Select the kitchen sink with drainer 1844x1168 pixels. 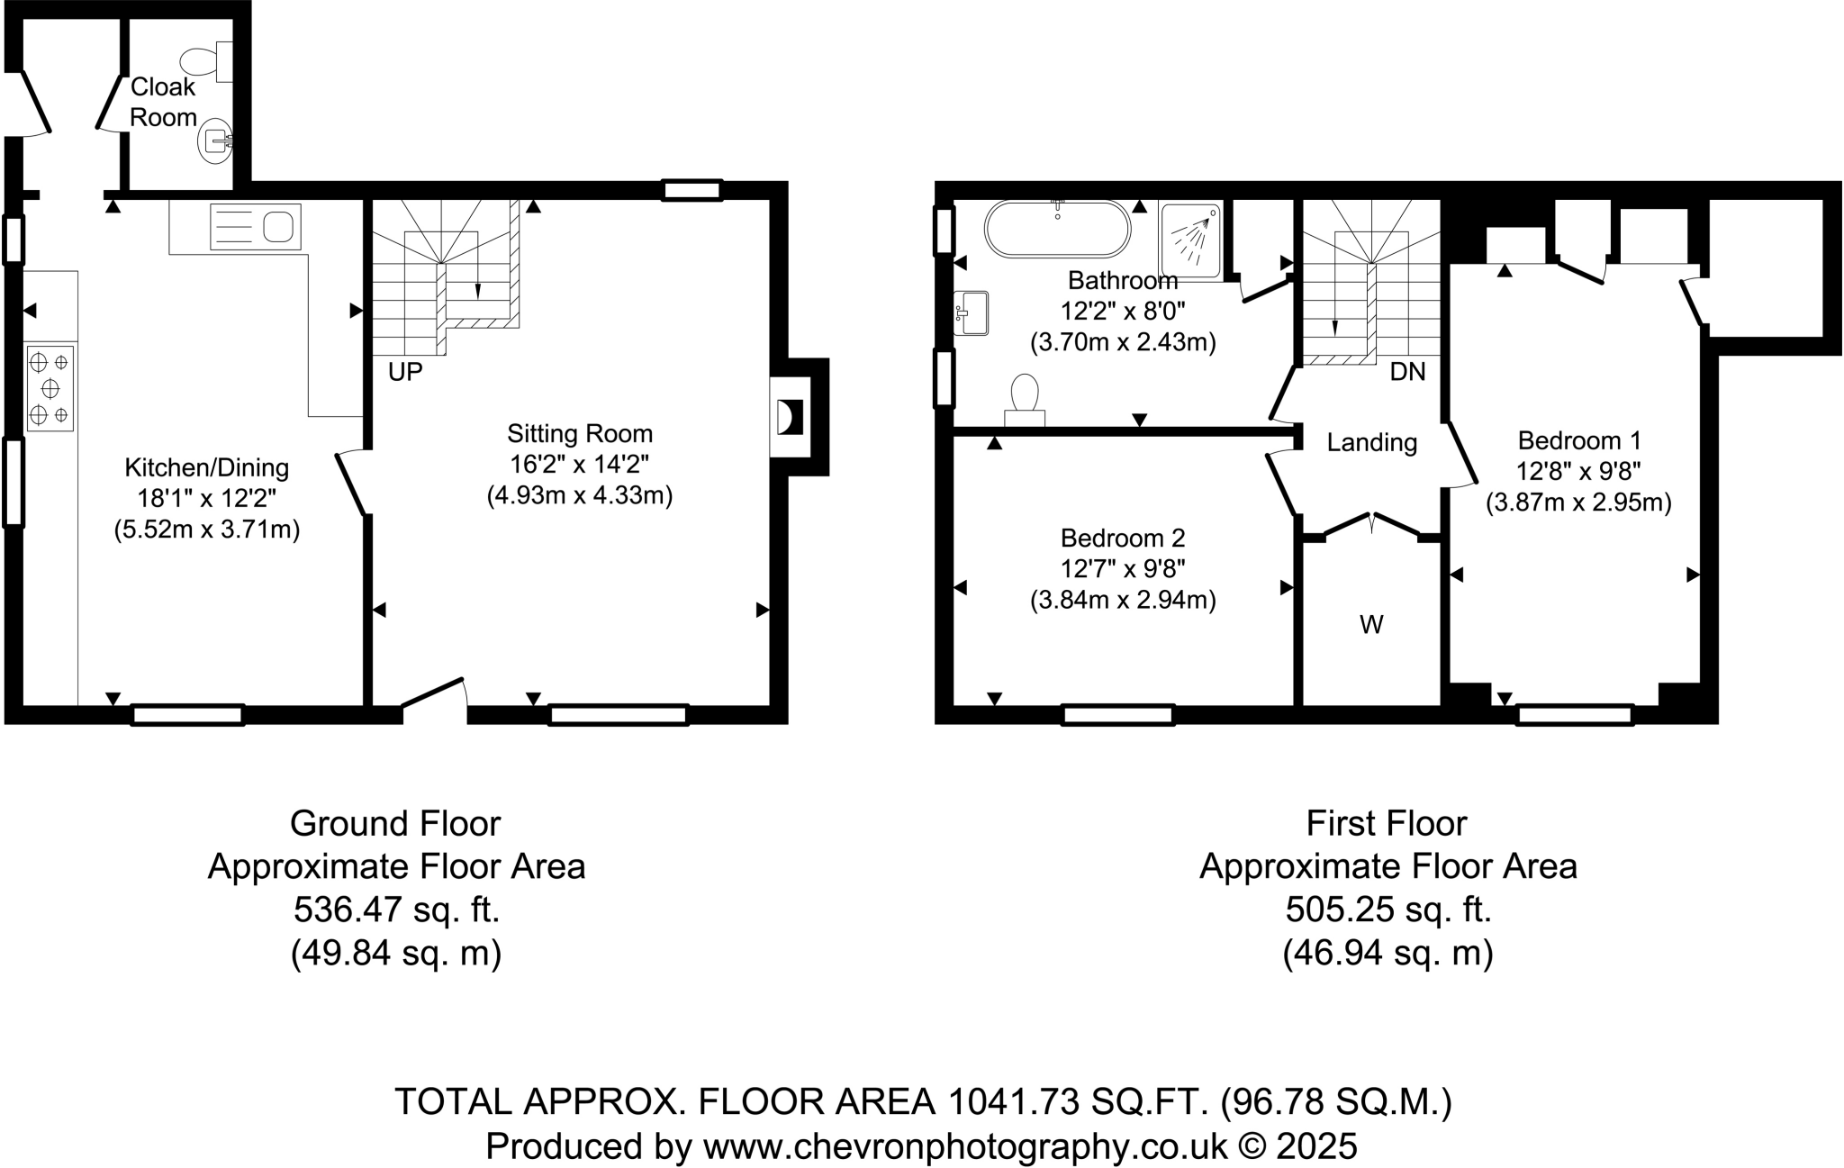[255, 226]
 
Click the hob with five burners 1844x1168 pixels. [50, 388]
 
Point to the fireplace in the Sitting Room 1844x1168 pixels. [789, 418]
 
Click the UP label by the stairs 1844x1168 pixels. [405, 372]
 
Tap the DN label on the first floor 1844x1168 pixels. [1407, 371]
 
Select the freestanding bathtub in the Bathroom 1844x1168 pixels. [1057, 229]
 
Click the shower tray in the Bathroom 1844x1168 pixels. [1191, 239]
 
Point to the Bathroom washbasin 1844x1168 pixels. [972, 312]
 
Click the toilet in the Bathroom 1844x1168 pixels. [1025, 401]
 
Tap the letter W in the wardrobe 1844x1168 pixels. [1371, 624]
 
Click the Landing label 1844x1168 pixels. [1371, 442]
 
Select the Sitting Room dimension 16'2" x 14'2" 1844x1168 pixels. [579, 465]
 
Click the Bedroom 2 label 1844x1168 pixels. [1122, 538]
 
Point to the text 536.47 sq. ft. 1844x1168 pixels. [396, 910]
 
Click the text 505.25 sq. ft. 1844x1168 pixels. [1388, 910]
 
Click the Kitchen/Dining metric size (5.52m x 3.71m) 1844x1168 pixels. [206, 530]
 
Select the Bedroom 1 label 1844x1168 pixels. [1578, 440]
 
